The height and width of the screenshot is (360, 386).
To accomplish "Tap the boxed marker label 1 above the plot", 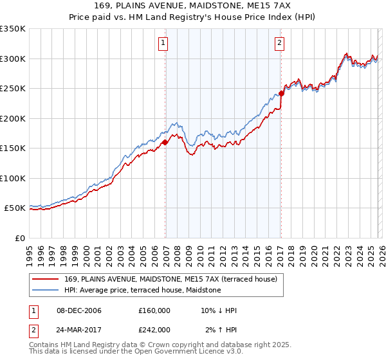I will [163, 44].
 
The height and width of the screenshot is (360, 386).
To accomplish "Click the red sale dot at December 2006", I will [165, 143].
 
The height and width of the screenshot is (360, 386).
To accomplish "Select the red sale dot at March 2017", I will [282, 94].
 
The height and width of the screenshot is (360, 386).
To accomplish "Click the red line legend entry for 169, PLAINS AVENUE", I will [170, 279].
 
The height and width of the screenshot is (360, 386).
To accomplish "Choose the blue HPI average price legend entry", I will [142, 290].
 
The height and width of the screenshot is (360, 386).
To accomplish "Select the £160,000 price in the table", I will [154, 310].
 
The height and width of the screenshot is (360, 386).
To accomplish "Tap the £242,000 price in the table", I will [154, 329].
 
